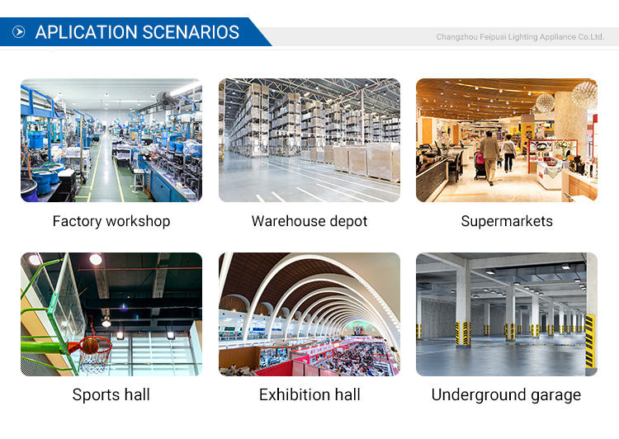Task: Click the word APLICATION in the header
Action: pos(86,32)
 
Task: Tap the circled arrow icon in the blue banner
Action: pos(18,31)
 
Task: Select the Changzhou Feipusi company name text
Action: pos(520,36)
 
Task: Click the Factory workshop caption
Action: pos(111,221)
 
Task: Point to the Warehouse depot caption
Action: pos(309,221)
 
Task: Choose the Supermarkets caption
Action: pos(507,221)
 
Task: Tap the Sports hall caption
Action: pos(111,394)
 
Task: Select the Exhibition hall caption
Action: pos(309,394)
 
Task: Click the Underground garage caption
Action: pos(507,394)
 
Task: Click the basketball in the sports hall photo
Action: pos(91,346)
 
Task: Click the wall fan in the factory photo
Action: pos(165,100)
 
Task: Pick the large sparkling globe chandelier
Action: pos(584,94)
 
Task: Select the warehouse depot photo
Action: pos(309,140)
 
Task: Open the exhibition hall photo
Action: pos(309,314)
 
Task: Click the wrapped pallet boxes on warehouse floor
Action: pos(366,161)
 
